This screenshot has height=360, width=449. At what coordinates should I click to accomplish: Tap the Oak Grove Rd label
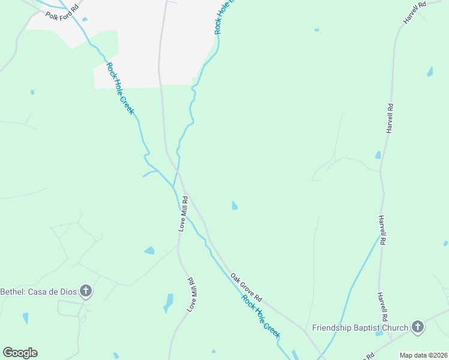(247, 287)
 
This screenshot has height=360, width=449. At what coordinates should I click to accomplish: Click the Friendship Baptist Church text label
(360, 328)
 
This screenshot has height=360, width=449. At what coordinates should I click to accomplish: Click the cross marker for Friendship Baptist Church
(417, 328)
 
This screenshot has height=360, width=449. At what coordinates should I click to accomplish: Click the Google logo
(20, 353)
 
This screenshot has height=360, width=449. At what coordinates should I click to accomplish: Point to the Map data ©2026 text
(424, 355)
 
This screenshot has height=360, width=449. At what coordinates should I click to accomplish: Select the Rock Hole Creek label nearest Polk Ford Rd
(120, 88)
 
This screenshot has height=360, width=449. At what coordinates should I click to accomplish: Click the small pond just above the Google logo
(25, 318)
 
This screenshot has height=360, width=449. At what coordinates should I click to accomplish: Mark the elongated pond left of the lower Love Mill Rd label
(169, 302)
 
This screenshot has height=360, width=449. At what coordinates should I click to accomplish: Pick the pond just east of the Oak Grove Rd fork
(235, 206)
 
